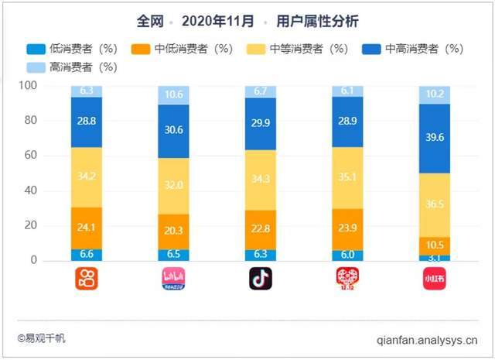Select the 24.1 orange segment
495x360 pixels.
coord(87,228)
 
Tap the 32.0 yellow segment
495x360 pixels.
coord(173,186)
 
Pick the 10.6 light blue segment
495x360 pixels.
coord(173,95)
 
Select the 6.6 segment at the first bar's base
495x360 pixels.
coord(87,254)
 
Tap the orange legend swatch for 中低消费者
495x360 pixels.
coord(155,48)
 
